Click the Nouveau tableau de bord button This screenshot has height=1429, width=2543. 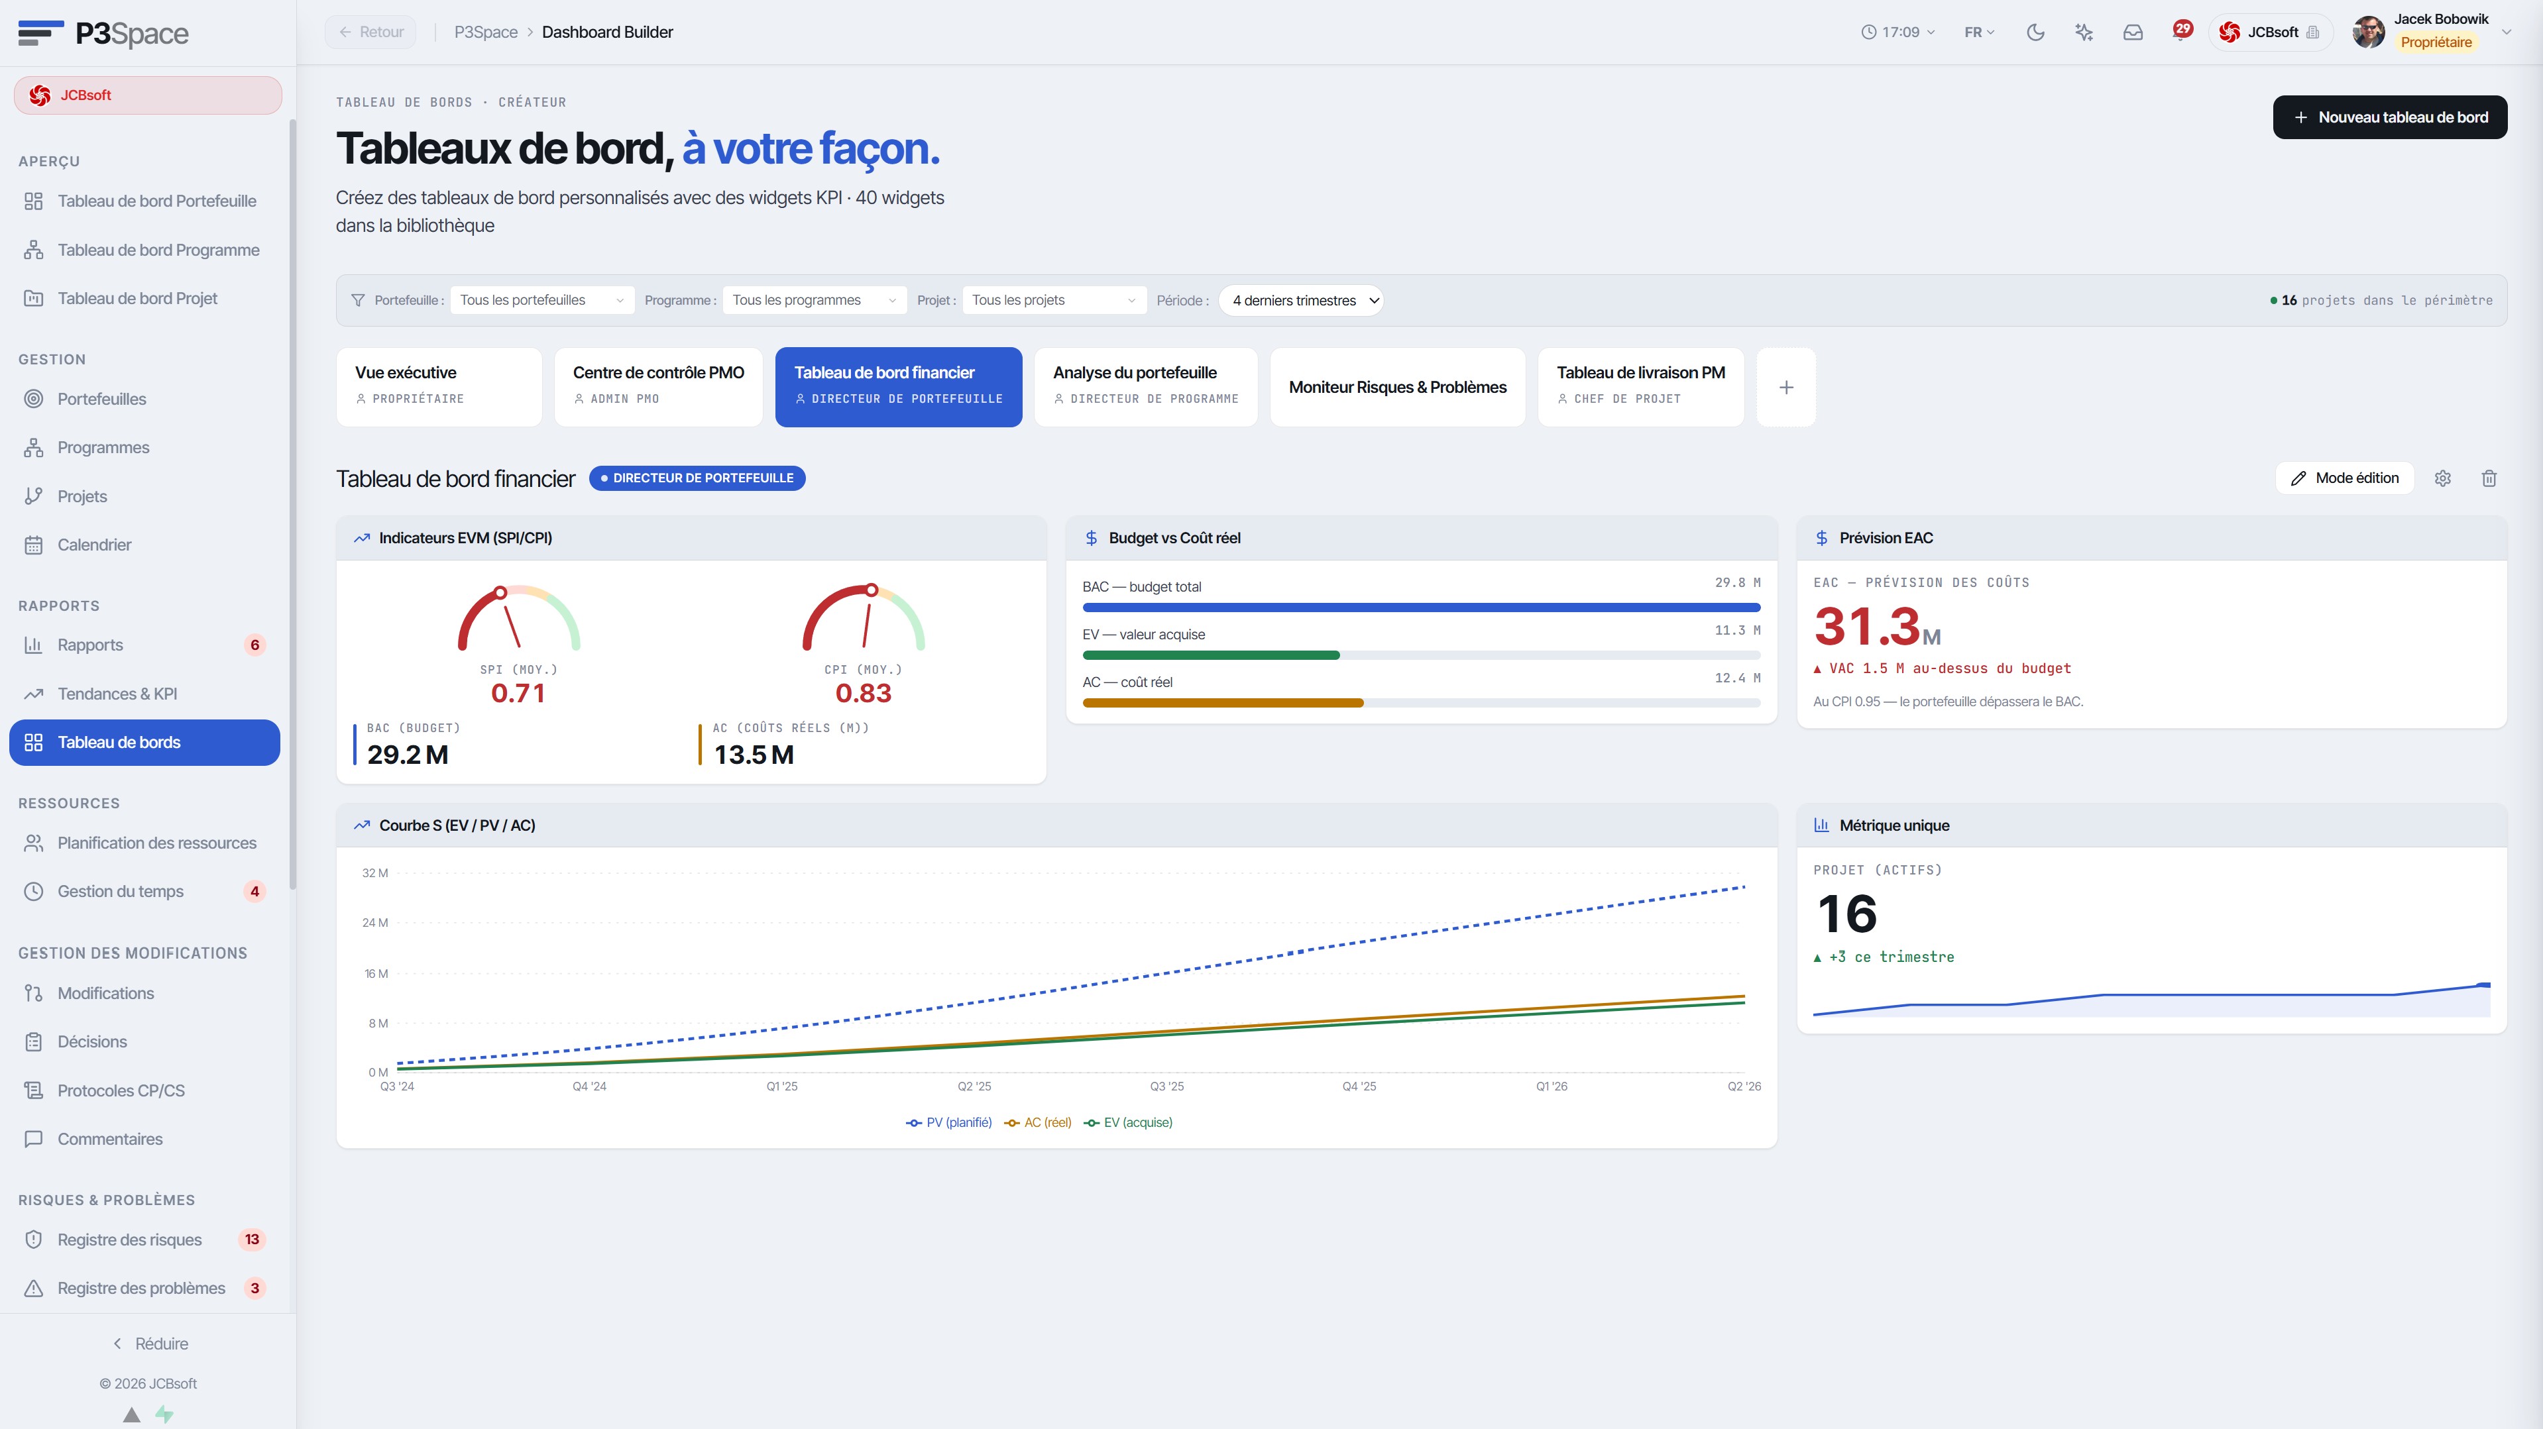click(2389, 117)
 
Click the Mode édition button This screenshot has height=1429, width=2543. click(2345, 478)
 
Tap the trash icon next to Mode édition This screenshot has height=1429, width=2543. click(2489, 478)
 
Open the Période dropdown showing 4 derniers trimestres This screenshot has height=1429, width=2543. click(1301, 300)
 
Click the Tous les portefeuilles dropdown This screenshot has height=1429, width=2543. click(541, 300)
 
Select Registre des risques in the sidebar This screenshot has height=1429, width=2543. click(129, 1240)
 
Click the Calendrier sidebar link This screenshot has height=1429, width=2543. click(94, 545)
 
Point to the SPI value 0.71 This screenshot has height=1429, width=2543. click(518, 693)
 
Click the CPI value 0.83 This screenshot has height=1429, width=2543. click(863, 693)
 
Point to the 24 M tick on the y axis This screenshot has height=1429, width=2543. click(375, 923)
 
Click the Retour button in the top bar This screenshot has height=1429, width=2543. click(371, 32)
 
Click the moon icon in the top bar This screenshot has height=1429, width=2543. click(2035, 32)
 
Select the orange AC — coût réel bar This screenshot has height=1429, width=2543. click(1223, 703)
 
